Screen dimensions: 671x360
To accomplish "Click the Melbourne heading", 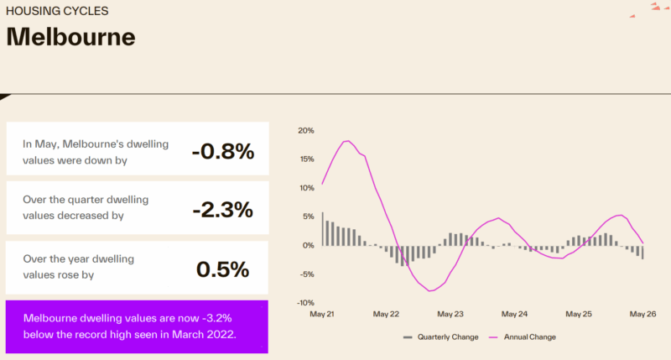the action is point(70,37).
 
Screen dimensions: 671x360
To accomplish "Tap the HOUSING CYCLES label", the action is point(57,11).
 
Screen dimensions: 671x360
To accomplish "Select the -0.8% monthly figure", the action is point(223,152).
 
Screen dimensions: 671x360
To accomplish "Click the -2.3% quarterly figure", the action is point(223,210).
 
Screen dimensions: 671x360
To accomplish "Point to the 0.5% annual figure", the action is point(222,269).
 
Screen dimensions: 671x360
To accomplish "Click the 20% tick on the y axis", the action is point(306,131).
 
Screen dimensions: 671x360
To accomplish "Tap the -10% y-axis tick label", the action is point(305,303).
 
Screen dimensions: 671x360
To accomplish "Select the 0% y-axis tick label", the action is point(308,245).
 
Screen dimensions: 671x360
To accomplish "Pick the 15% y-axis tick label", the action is point(307,159).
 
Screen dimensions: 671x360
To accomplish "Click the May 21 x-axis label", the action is point(322,314).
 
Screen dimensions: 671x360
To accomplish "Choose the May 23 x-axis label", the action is point(450,314).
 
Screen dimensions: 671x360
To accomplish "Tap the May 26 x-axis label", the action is point(642,314).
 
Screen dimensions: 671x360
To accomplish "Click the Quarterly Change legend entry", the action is point(441,337).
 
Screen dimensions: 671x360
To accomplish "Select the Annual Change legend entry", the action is point(523,337).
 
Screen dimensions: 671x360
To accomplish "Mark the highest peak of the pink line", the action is point(348,141).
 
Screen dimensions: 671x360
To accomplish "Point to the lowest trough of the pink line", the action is point(430,291).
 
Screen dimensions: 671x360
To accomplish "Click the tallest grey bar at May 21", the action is point(323,229).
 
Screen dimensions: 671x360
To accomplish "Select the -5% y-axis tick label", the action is point(307,274).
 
